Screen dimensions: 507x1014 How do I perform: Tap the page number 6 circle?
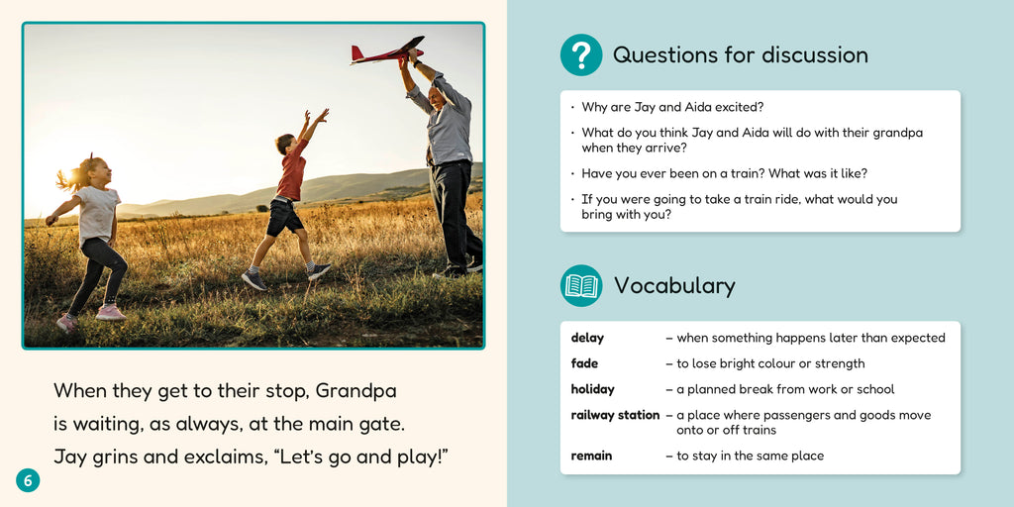coord(28,480)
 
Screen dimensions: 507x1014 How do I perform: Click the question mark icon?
coord(581,55)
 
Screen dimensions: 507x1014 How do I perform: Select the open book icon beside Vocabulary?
coord(581,285)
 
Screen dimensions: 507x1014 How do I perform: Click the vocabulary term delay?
coord(587,338)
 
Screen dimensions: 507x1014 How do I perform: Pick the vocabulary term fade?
coord(584,363)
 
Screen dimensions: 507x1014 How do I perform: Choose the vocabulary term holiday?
coord(592,389)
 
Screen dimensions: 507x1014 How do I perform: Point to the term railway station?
coord(615,415)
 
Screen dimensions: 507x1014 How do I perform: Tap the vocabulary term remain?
coord(591,456)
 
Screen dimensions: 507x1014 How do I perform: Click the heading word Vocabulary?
coord(674,286)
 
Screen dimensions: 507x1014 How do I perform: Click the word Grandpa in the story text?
coord(355,390)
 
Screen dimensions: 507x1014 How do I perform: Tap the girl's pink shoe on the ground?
coord(110,312)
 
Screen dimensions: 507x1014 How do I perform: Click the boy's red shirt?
coord(291,175)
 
